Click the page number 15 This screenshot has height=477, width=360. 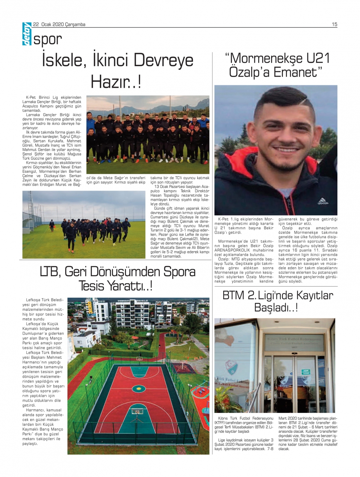[x=334, y=24]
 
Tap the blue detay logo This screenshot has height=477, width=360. [x=27, y=34]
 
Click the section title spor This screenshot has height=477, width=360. [x=48, y=39]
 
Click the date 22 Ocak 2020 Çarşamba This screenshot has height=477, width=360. [x=59, y=24]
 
